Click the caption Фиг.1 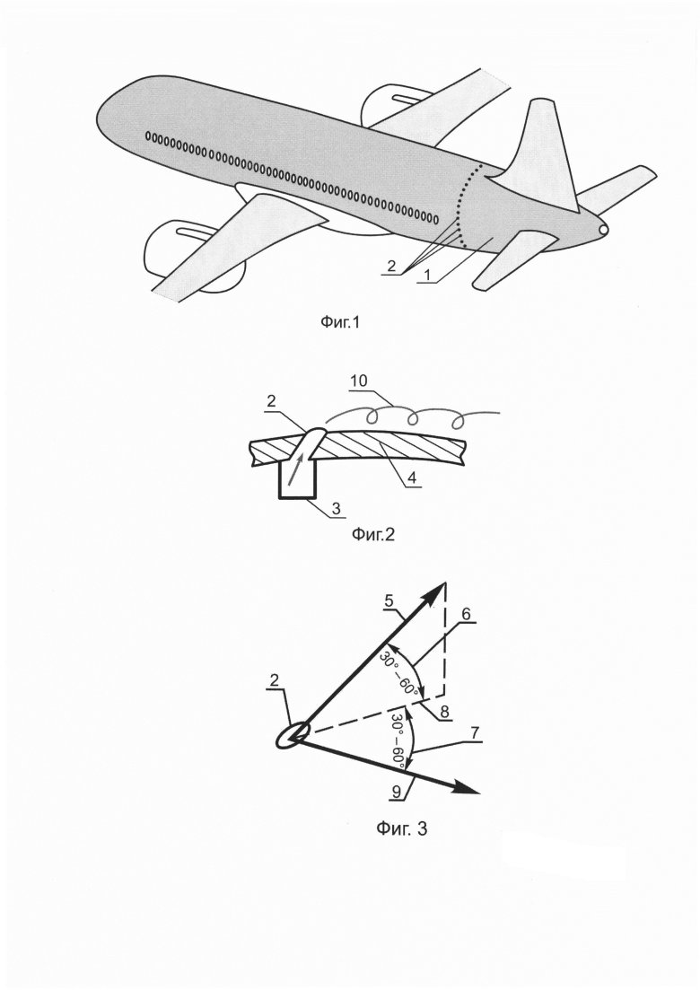point(345,320)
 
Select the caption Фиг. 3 point(399,828)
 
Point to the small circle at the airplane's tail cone point(603,230)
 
